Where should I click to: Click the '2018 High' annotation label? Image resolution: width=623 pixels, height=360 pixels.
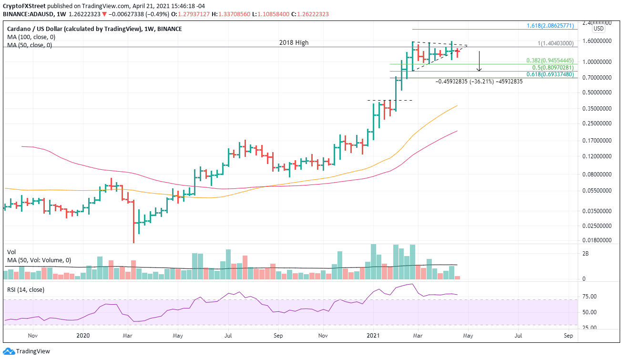coord(294,42)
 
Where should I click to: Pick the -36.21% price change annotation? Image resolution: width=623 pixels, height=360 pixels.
coord(479,82)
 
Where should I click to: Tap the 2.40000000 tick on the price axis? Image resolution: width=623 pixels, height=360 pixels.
coord(594,22)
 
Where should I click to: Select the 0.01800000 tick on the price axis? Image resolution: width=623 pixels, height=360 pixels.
coord(594,241)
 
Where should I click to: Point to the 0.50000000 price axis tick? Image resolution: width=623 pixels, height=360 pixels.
coord(594,93)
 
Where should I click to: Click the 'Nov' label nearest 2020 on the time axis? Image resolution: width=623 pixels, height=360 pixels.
coord(32,336)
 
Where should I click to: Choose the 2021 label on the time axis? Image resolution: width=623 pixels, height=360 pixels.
coord(373,336)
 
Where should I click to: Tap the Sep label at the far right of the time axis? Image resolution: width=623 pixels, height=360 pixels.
coord(568,336)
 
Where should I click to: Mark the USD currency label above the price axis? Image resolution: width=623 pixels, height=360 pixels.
coord(599,29)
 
